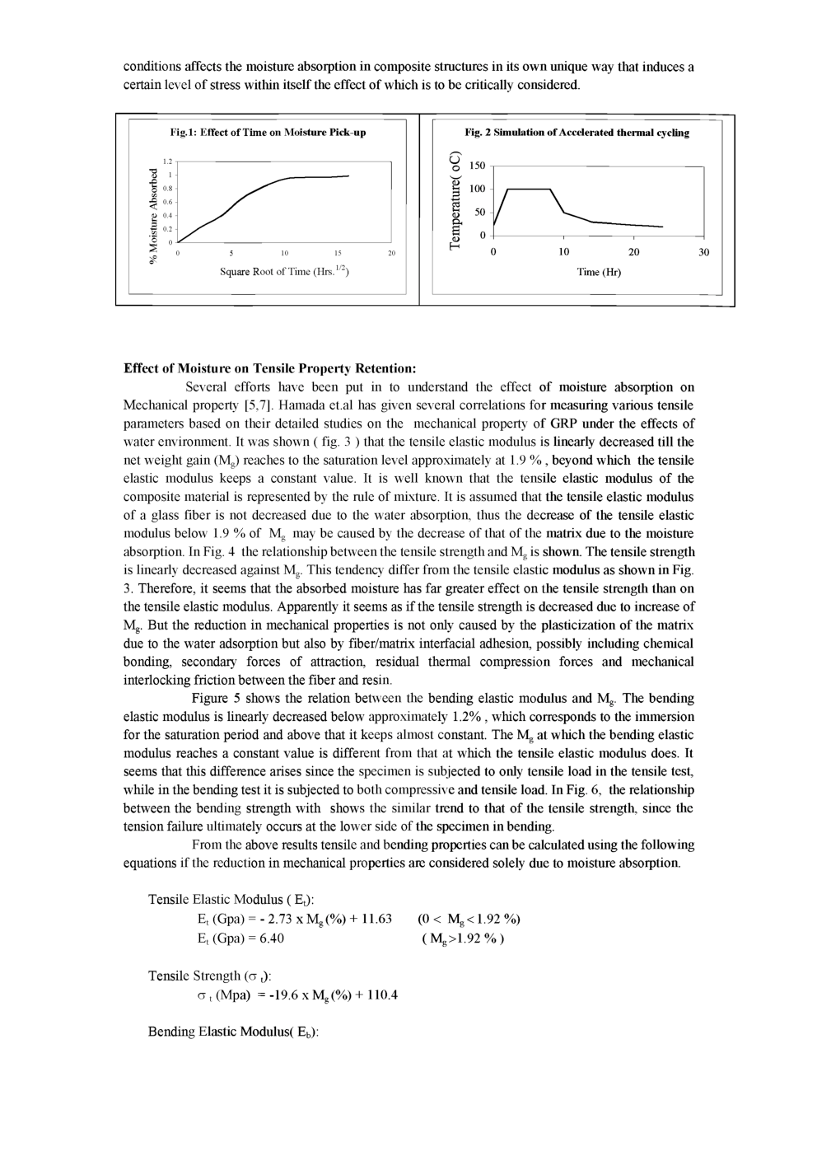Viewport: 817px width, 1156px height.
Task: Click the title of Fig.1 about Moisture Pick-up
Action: click(x=268, y=132)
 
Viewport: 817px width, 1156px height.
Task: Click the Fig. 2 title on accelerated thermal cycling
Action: click(x=577, y=132)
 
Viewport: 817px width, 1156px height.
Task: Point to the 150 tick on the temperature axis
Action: click(x=478, y=166)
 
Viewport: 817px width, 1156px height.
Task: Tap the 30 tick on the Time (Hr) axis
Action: click(x=703, y=252)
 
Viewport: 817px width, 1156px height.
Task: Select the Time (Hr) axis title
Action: click(x=599, y=271)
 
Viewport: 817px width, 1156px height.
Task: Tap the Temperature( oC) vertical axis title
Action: click(x=454, y=199)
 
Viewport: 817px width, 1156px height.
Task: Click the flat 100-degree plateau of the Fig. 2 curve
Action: click(x=528, y=189)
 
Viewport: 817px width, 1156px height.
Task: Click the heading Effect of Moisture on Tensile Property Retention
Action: click(x=269, y=368)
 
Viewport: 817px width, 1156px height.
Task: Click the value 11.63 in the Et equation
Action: click(x=372, y=919)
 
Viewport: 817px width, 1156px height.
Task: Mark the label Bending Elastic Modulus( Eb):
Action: click(x=233, y=1032)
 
